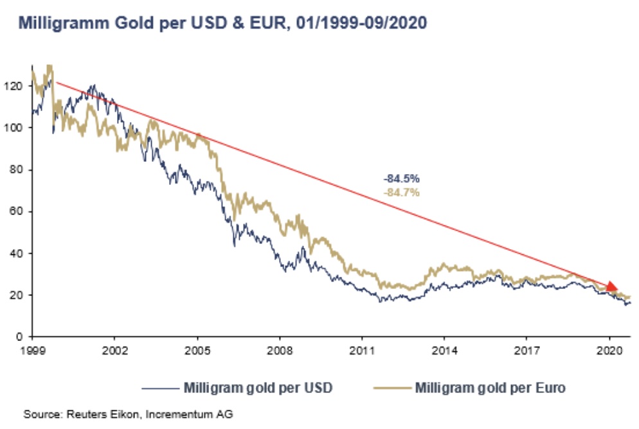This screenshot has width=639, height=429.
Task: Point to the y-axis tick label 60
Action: tap(18, 211)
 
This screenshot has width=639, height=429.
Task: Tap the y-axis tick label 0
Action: tap(21, 337)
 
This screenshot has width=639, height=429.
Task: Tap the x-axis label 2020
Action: tap(609, 352)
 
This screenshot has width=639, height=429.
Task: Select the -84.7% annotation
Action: tap(401, 192)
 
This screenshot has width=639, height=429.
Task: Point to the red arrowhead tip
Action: tap(617, 288)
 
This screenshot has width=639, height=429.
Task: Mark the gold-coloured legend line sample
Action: tap(390, 389)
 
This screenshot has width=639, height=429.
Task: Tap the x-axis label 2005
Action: tap(197, 352)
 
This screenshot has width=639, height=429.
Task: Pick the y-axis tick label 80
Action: tap(18, 170)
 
